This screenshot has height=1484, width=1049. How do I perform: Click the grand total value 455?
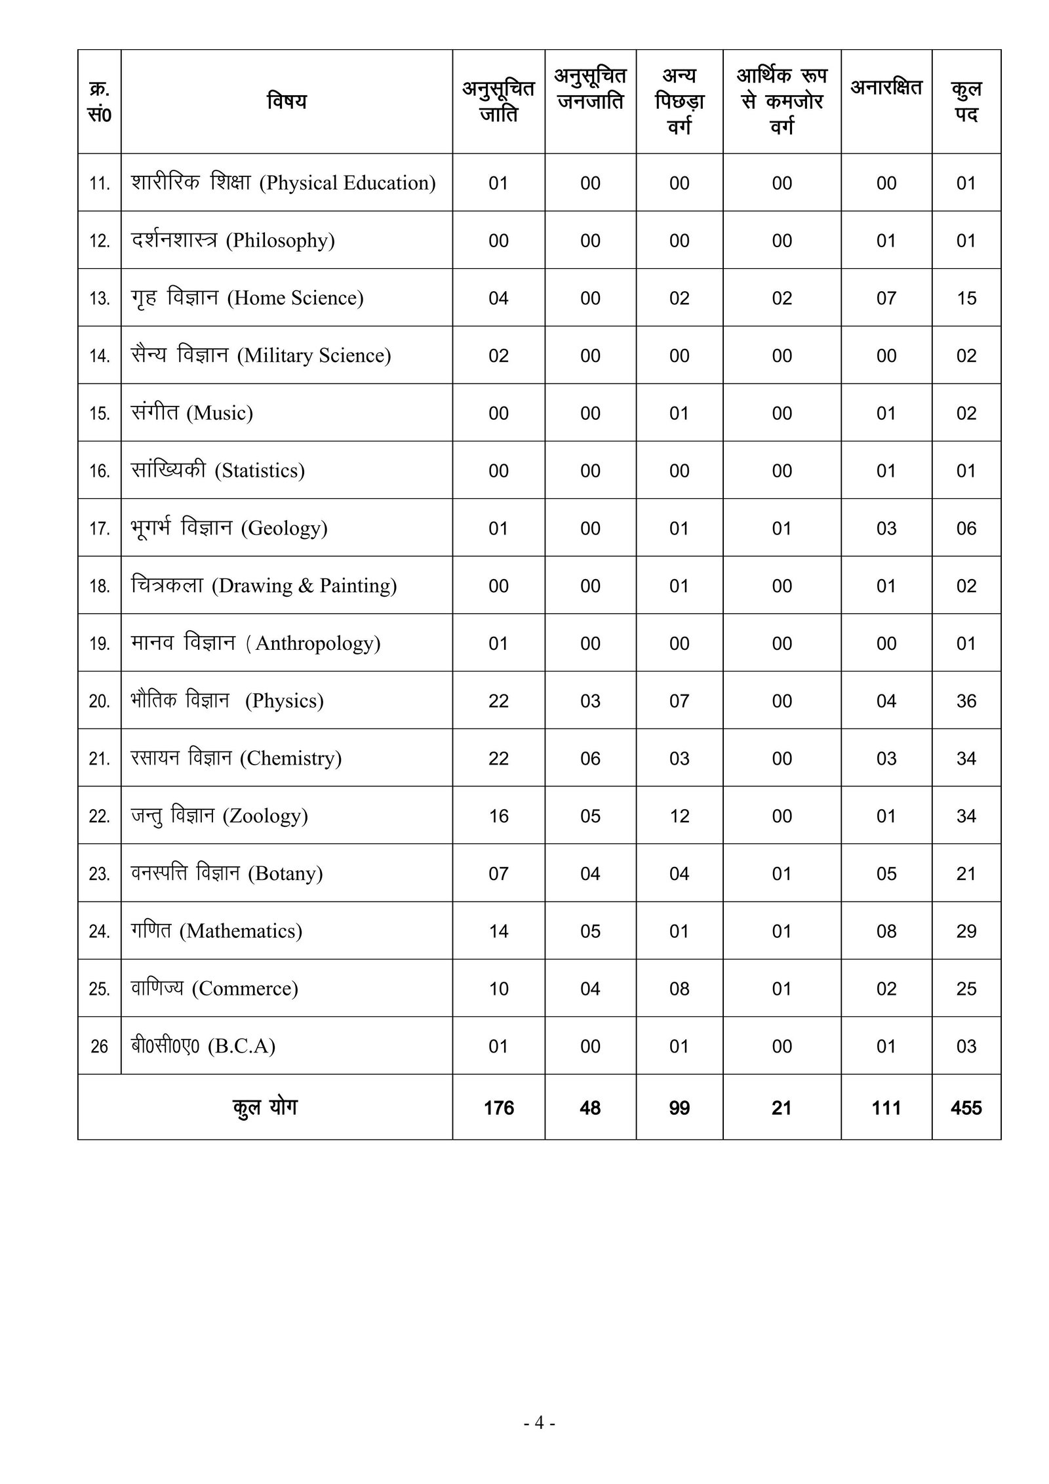click(966, 1108)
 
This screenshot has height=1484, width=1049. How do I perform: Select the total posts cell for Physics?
click(966, 700)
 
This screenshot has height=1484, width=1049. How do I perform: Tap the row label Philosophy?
click(233, 240)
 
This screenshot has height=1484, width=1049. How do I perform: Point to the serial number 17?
click(100, 528)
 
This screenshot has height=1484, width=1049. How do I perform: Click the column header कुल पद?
click(966, 101)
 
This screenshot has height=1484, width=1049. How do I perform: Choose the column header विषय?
click(287, 101)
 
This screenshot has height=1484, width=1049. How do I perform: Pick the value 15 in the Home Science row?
click(966, 298)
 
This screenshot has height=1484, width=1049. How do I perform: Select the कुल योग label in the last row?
click(265, 1107)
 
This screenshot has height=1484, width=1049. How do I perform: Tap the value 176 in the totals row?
click(498, 1108)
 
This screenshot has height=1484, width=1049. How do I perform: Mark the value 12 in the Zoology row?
click(679, 816)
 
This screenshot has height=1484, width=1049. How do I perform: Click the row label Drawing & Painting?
click(264, 585)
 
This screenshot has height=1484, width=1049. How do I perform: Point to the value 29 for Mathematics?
click(966, 931)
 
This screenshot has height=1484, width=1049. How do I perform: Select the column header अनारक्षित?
click(886, 88)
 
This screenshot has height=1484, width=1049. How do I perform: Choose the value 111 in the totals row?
click(886, 1108)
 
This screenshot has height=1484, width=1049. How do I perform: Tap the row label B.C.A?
click(203, 1046)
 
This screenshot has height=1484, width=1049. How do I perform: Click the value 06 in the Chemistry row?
click(590, 758)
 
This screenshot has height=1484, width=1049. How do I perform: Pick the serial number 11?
click(100, 183)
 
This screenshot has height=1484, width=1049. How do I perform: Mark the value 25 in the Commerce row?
click(966, 988)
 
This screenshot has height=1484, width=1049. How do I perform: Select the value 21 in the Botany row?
click(966, 873)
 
